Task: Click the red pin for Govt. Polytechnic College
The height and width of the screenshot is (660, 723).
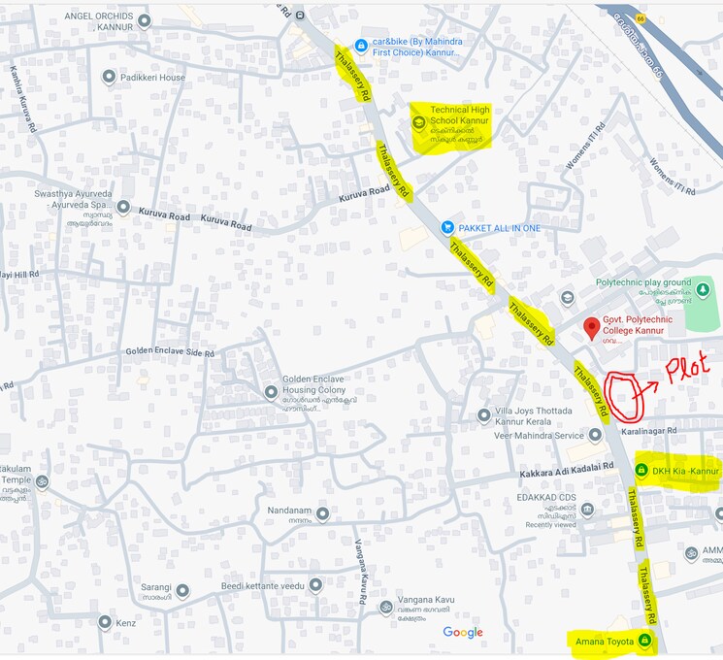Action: [589, 328]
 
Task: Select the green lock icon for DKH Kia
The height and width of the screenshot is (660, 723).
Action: [641, 471]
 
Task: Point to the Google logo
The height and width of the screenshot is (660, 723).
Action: [463, 632]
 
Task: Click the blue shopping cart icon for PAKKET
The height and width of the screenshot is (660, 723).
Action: [447, 227]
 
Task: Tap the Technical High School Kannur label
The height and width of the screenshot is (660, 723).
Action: [460, 122]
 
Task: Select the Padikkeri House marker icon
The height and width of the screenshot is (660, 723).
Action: [109, 77]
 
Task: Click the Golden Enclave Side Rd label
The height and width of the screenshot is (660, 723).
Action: [169, 352]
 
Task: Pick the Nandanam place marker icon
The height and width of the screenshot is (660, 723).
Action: [322, 513]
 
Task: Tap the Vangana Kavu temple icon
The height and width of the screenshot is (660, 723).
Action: [384, 607]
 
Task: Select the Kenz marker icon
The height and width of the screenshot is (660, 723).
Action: [105, 621]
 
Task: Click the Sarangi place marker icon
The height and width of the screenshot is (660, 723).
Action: [182, 589]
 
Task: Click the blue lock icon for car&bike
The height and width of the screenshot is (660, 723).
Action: [361, 45]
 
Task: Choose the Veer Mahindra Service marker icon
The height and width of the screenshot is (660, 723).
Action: [595, 436]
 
